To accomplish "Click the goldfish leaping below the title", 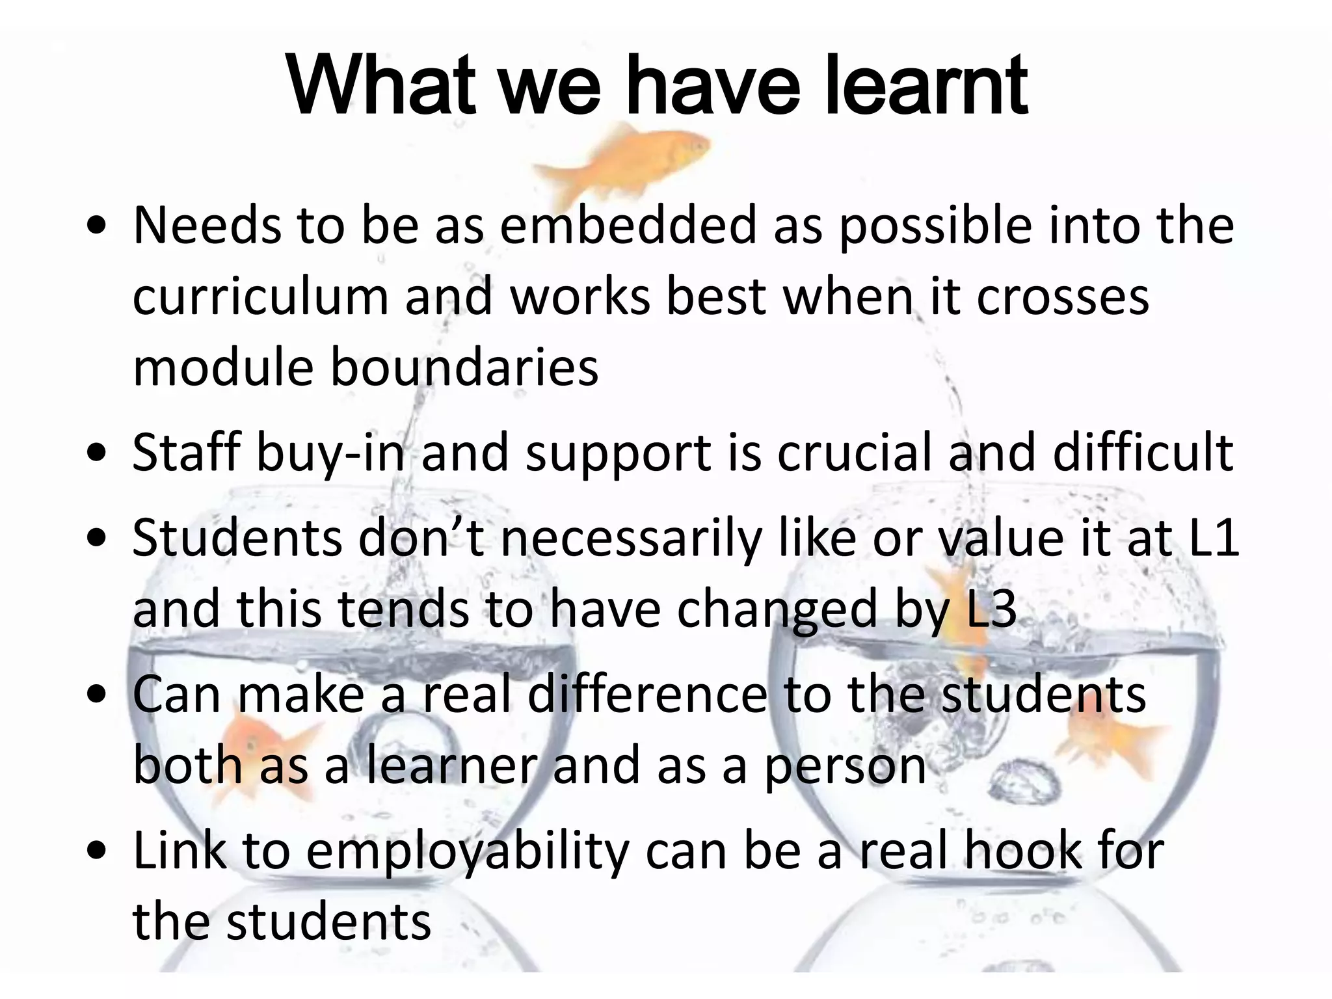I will coord(624,156).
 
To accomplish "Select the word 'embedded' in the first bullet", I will coord(628,226).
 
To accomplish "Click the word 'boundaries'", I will coord(464,367).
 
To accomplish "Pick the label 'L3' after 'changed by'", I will coord(991,609).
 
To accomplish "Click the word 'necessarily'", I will coord(630,539).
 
